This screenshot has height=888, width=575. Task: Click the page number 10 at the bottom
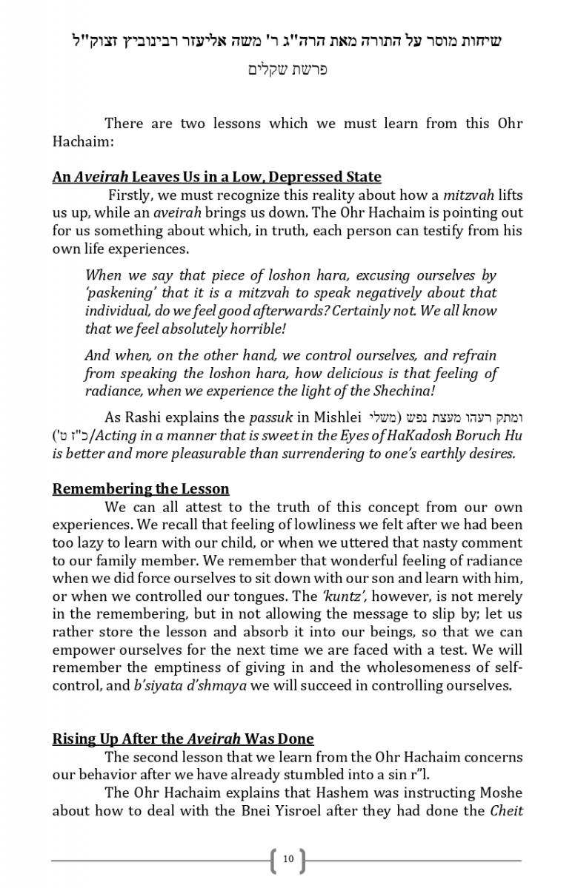(288, 859)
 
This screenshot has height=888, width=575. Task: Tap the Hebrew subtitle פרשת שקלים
(287, 70)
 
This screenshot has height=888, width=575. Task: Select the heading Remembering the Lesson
(141, 489)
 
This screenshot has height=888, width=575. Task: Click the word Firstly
(131, 196)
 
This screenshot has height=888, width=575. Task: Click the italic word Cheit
(507, 810)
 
